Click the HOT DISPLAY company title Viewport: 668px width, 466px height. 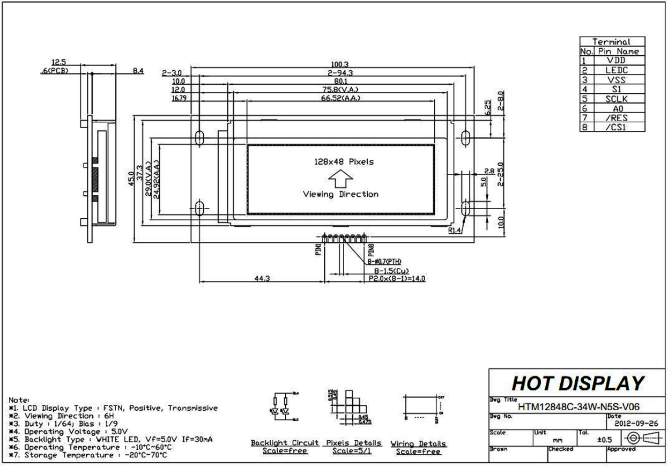577,383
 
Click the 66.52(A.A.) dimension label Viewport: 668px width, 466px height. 340,98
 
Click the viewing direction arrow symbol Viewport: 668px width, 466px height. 340,178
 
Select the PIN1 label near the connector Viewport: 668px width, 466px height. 318,249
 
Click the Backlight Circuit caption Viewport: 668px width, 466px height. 285,443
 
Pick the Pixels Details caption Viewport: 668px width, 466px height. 354,443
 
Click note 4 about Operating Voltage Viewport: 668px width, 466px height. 70,431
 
